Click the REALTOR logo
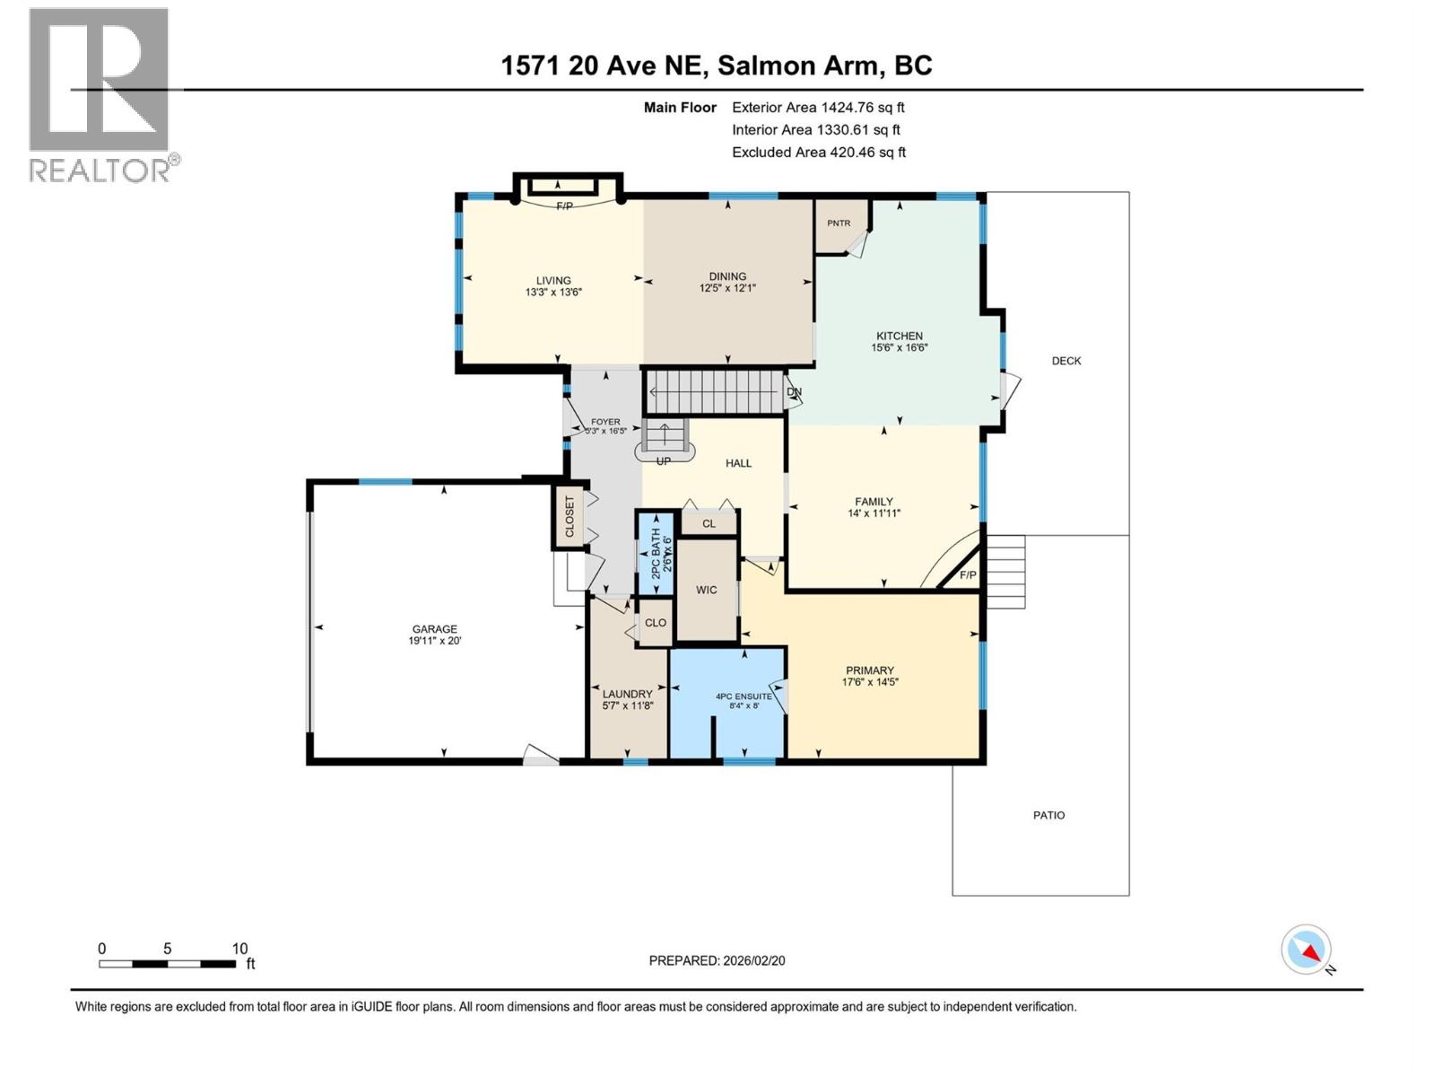99,94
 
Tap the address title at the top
716,66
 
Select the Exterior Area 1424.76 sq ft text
817,108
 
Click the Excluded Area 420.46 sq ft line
818,153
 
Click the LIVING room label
553,280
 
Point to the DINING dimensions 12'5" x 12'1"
727,288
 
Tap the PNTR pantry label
839,223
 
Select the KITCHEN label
899,336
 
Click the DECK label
1066,361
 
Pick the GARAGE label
435,629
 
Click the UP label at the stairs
664,461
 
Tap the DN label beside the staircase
794,392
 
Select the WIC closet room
707,590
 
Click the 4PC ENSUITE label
744,696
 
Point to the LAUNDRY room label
628,694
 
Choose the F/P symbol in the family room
968,575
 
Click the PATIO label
1048,816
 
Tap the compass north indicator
1307,950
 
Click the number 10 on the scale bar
239,949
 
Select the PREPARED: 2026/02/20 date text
717,960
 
